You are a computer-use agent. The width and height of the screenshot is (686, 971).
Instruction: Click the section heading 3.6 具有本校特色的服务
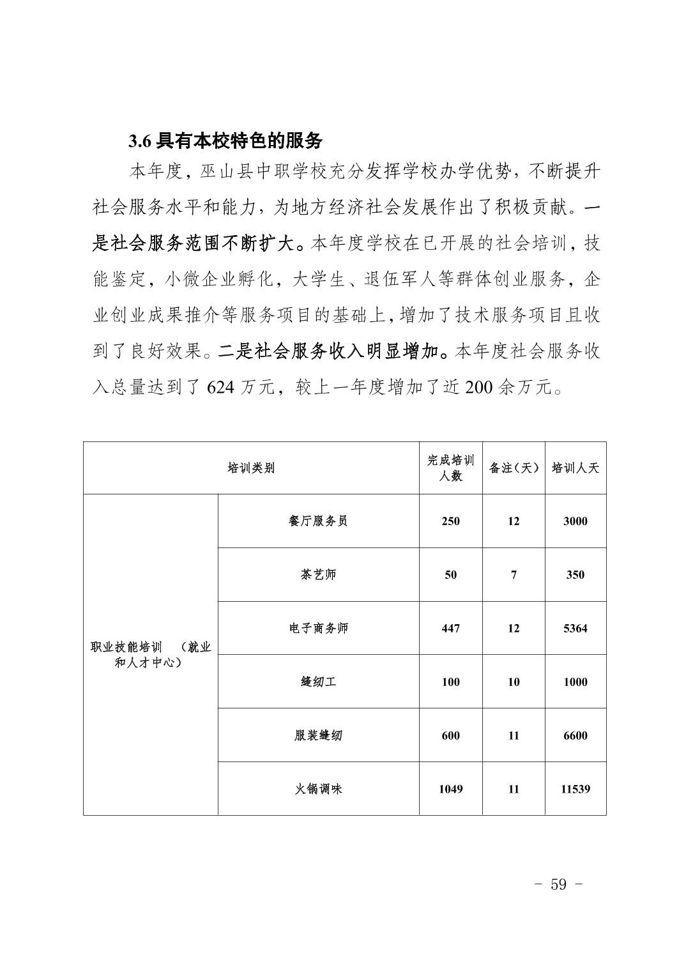click(x=225, y=141)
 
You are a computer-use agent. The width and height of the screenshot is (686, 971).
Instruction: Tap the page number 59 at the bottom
click(x=558, y=884)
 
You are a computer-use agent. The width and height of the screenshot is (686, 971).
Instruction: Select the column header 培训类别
click(x=251, y=468)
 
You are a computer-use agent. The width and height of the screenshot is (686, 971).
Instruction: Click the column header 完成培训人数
click(x=450, y=468)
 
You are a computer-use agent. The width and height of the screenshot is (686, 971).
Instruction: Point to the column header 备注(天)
click(x=514, y=468)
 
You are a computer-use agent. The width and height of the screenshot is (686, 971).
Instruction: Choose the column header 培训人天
click(x=575, y=468)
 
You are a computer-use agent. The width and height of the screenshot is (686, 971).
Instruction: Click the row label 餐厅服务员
click(x=318, y=521)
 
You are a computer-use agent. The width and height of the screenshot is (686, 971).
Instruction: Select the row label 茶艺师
click(x=318, y=574)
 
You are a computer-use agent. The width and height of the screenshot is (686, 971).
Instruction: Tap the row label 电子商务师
click(x=318, y=628)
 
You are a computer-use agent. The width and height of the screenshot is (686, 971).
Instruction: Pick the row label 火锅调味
click(x=318, y=789)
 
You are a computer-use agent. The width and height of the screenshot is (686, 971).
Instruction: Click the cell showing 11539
click(x=575, y=789)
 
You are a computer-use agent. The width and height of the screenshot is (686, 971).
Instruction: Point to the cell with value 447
click(x=450, y=628)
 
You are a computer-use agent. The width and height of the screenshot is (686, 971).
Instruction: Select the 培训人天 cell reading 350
click(x=575, y=574)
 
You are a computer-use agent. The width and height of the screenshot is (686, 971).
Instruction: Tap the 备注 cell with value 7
click(x=514, y=574)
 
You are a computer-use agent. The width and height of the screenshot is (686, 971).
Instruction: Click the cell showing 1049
click(x=450, y=789)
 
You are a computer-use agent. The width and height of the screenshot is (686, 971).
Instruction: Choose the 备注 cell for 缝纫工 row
click(x=514, y=682)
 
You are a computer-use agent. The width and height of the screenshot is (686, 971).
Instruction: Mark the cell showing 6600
click(x=575, y=735)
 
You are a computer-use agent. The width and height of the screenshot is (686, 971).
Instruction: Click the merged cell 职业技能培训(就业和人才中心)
click(x=151, y=655)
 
